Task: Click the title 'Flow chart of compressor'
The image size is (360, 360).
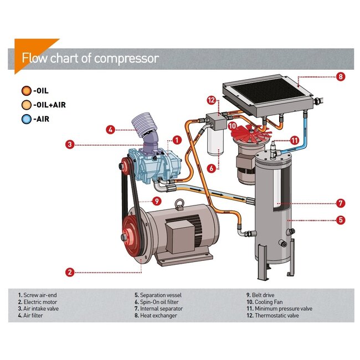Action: [x=90, y=58]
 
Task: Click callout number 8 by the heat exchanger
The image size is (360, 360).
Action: [x=341, y=77]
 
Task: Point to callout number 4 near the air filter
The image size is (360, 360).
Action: [x=111, y=130]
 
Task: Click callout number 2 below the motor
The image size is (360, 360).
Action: [x=70, y=272]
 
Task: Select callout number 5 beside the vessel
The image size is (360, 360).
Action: [x=341, y=220]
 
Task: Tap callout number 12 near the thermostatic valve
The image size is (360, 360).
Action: [x=211, y=100]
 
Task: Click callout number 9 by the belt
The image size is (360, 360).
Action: [x=157, y=201]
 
